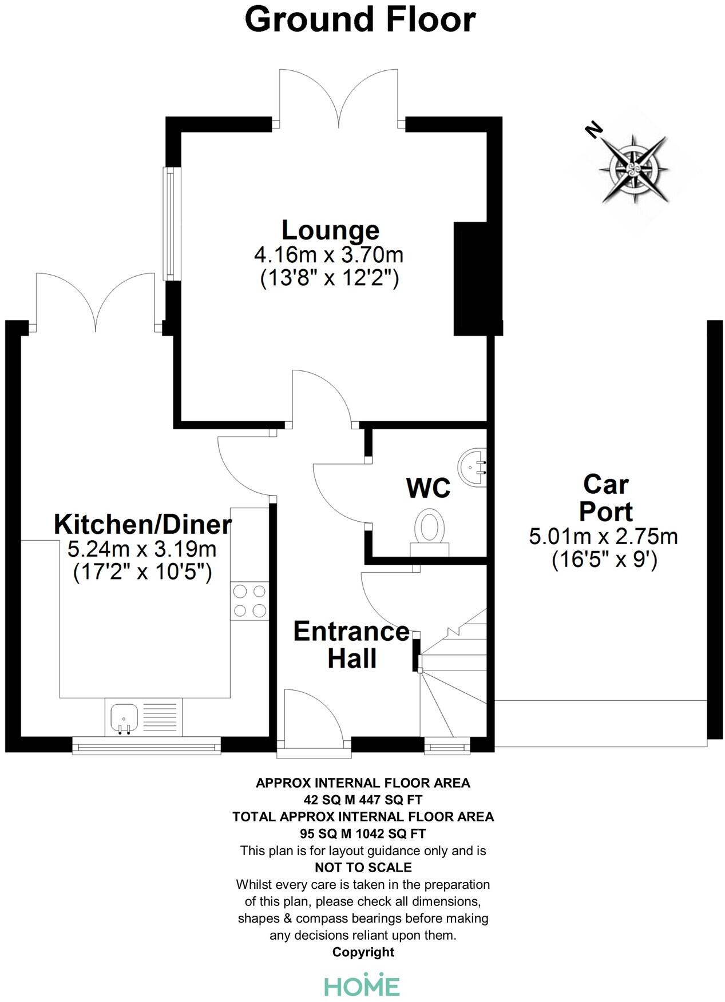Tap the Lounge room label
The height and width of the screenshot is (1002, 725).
(x=330, y=230)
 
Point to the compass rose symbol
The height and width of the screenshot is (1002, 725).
(x=633, y=169)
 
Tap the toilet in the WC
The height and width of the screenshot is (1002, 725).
(x=430, y=529)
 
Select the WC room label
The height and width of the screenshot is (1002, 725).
(x=428, y=488)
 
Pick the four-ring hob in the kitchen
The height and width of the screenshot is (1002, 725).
(x=249, y=601)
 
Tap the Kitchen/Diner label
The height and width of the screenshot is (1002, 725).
(x=142, y=524)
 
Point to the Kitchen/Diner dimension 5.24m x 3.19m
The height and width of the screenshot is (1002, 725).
(x=142, y=549)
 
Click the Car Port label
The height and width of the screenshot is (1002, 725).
(x=605, y=498)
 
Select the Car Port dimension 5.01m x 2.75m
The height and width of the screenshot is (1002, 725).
(x=603, y=537)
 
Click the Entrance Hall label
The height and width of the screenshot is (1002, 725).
(x=351, y=645)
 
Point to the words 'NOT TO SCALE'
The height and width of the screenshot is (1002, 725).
(x=363, y=867)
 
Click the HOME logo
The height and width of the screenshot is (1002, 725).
(x=362, y=985)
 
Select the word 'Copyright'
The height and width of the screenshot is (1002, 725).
(x=363, y=952)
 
